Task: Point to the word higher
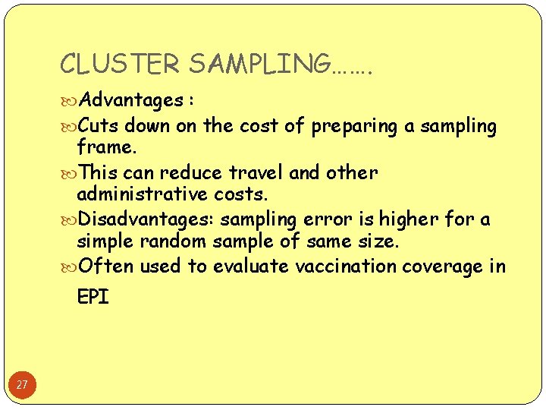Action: click(x=411, y=219)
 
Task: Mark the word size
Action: click(x=378, y=241)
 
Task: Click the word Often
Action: click(x=105, y=266)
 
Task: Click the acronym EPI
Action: click(x=93, y=297)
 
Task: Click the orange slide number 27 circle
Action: click(x=22, y=385)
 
